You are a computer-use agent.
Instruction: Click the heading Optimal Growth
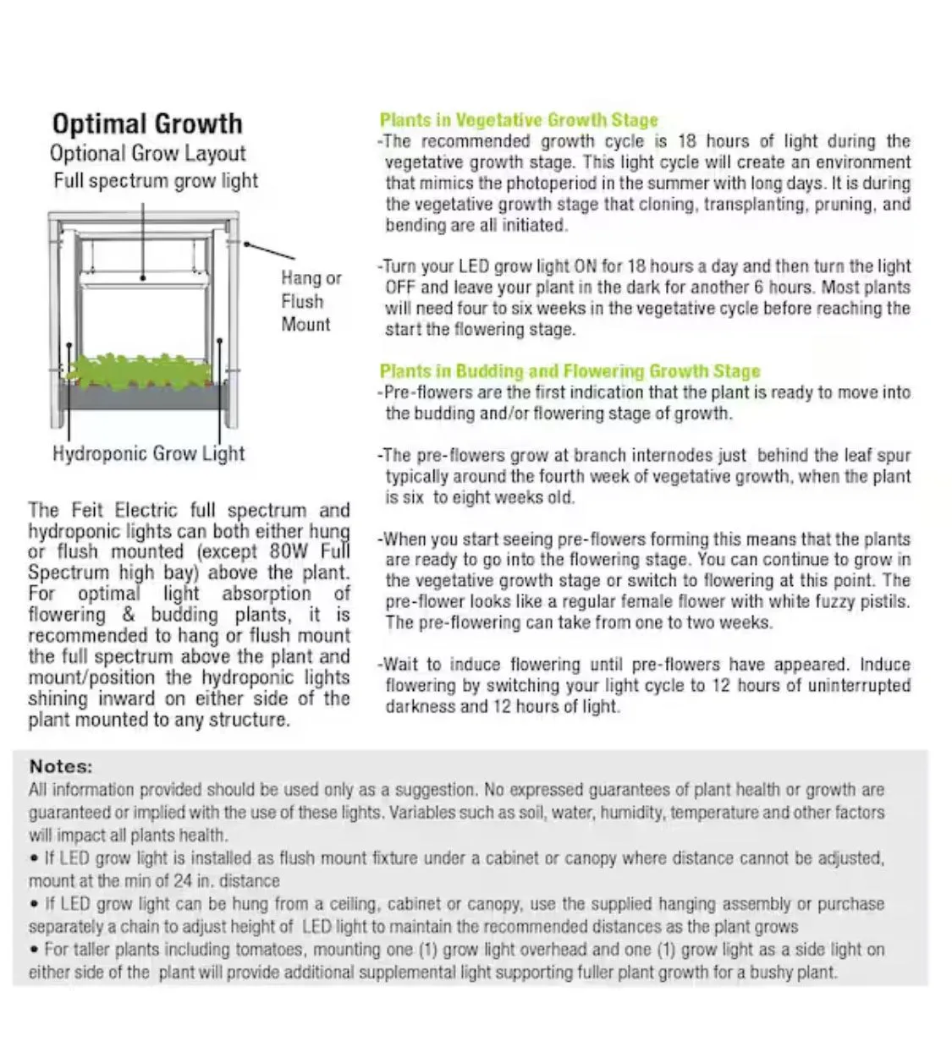pyautogui.click(x=147, y=123)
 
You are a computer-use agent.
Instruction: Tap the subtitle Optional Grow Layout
pyautogui.click(x=147, y=154)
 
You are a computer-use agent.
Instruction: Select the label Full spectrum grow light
pyautogui.click(x=156, y=181)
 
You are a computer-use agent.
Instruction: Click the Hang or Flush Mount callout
pyautogui.click(x=311, y=301)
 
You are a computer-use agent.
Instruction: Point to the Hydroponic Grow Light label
pyautogui.click(x=148, y=453)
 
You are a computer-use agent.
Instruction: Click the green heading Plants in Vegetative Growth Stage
pyautogui.click(x=518, y=120)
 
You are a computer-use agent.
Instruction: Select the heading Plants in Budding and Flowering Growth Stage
pyautogui.click(x=570, y=371)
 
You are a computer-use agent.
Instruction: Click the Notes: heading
pyautogui.click(x=61, y=766)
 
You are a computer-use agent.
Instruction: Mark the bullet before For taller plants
pyautogui.click(x=34, y=950)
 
